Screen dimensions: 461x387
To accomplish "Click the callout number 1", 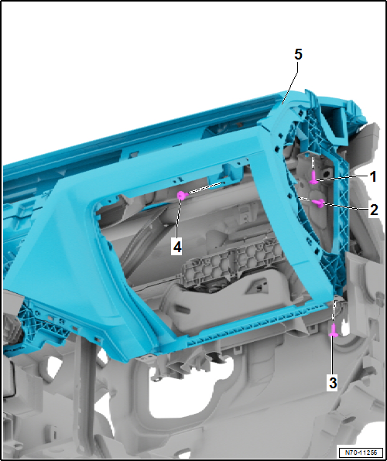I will click(x=372, y=176).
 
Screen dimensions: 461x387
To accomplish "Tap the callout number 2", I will click(x=372, y=210).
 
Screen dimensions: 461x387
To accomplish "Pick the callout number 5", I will click(x=298, y=54).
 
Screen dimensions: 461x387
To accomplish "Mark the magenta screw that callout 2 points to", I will click(x=318, y=203).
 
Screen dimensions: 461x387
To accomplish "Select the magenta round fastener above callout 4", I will click(x=181, y=196).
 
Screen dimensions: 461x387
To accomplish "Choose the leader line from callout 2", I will click(x=344, y=207).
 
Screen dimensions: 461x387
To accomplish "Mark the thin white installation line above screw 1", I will click(x=312, y=164).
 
